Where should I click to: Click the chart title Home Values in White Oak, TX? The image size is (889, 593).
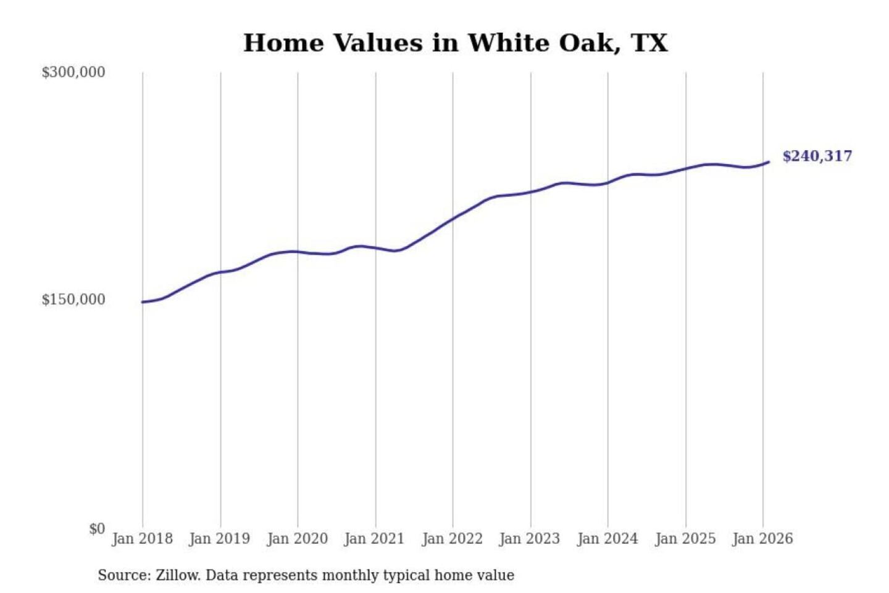click(456, 43)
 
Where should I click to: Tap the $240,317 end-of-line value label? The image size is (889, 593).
click(817, 156)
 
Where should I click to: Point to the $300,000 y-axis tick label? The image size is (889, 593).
click(73, 72)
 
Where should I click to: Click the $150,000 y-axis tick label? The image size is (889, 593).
click(73, 300)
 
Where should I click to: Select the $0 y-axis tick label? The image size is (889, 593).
click(97, 529)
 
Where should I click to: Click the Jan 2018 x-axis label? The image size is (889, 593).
click(142, 539)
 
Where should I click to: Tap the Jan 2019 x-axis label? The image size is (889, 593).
click(220, 539)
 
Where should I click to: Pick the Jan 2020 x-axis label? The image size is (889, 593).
click(297, 539)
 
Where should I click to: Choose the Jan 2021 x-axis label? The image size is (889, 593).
click(374, 539)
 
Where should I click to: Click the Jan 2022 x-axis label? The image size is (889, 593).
click(452, 539)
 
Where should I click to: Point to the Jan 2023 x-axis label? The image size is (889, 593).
click(529, 539)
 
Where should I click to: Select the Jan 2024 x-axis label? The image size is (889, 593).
click(607, 539)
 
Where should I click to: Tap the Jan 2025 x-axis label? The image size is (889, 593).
click(685, 539)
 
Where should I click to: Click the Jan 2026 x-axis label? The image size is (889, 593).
click(762, 539)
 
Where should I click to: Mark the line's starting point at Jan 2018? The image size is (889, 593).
click(143, 302)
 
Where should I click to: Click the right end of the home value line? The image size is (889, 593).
click(769, 162)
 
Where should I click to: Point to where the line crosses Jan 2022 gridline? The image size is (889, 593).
click(453, 219)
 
